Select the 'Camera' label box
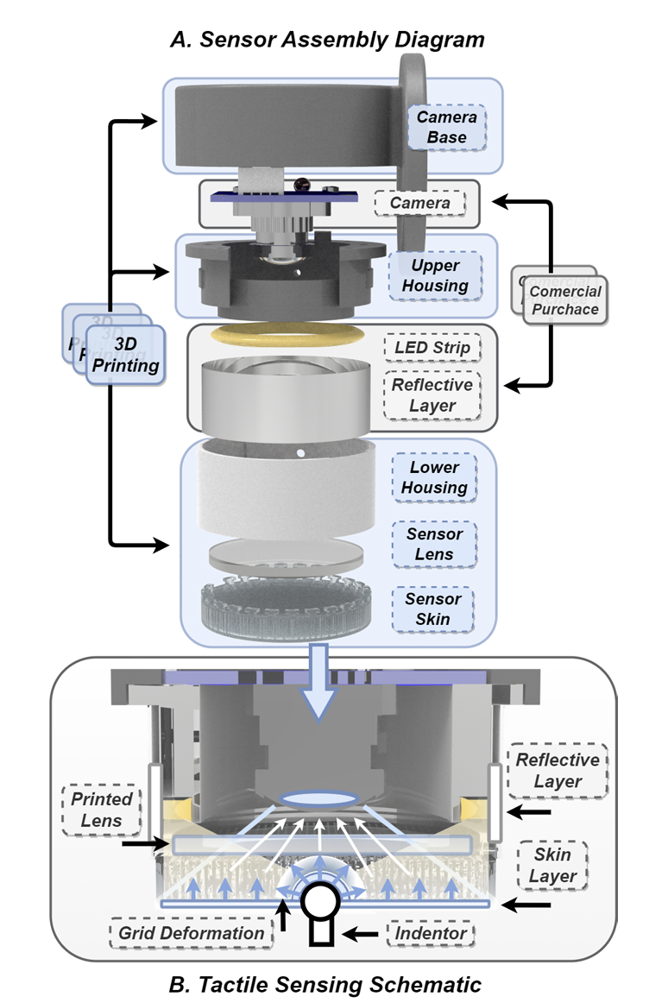click(419, 204)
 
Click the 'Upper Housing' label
click(435, 275)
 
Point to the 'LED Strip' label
click(431, 349)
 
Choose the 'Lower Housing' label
click(434, 477)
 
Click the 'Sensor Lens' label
click(434, 544)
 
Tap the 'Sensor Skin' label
click(434, 609)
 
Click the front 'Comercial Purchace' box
click(565, 300)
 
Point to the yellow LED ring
click(287, 333)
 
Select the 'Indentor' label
click(429, 933)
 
